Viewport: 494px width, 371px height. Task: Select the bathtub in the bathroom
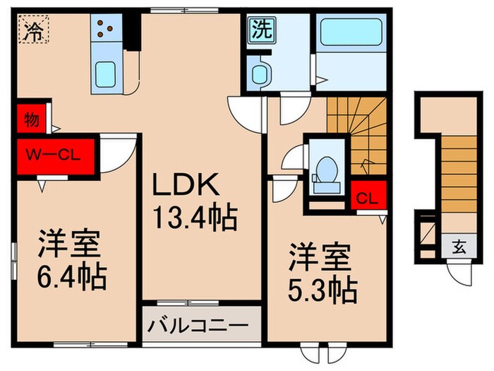pos(349,33)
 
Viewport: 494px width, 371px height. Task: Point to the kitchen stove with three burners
pos(107,30)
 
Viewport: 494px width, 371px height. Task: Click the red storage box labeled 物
pos(31,118)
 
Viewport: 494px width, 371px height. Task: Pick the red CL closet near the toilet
pos(368,197)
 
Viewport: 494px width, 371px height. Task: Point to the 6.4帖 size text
pos(73,278)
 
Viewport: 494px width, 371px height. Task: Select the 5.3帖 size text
pos(321,286)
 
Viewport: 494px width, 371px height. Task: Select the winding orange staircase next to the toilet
pos(359,134)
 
